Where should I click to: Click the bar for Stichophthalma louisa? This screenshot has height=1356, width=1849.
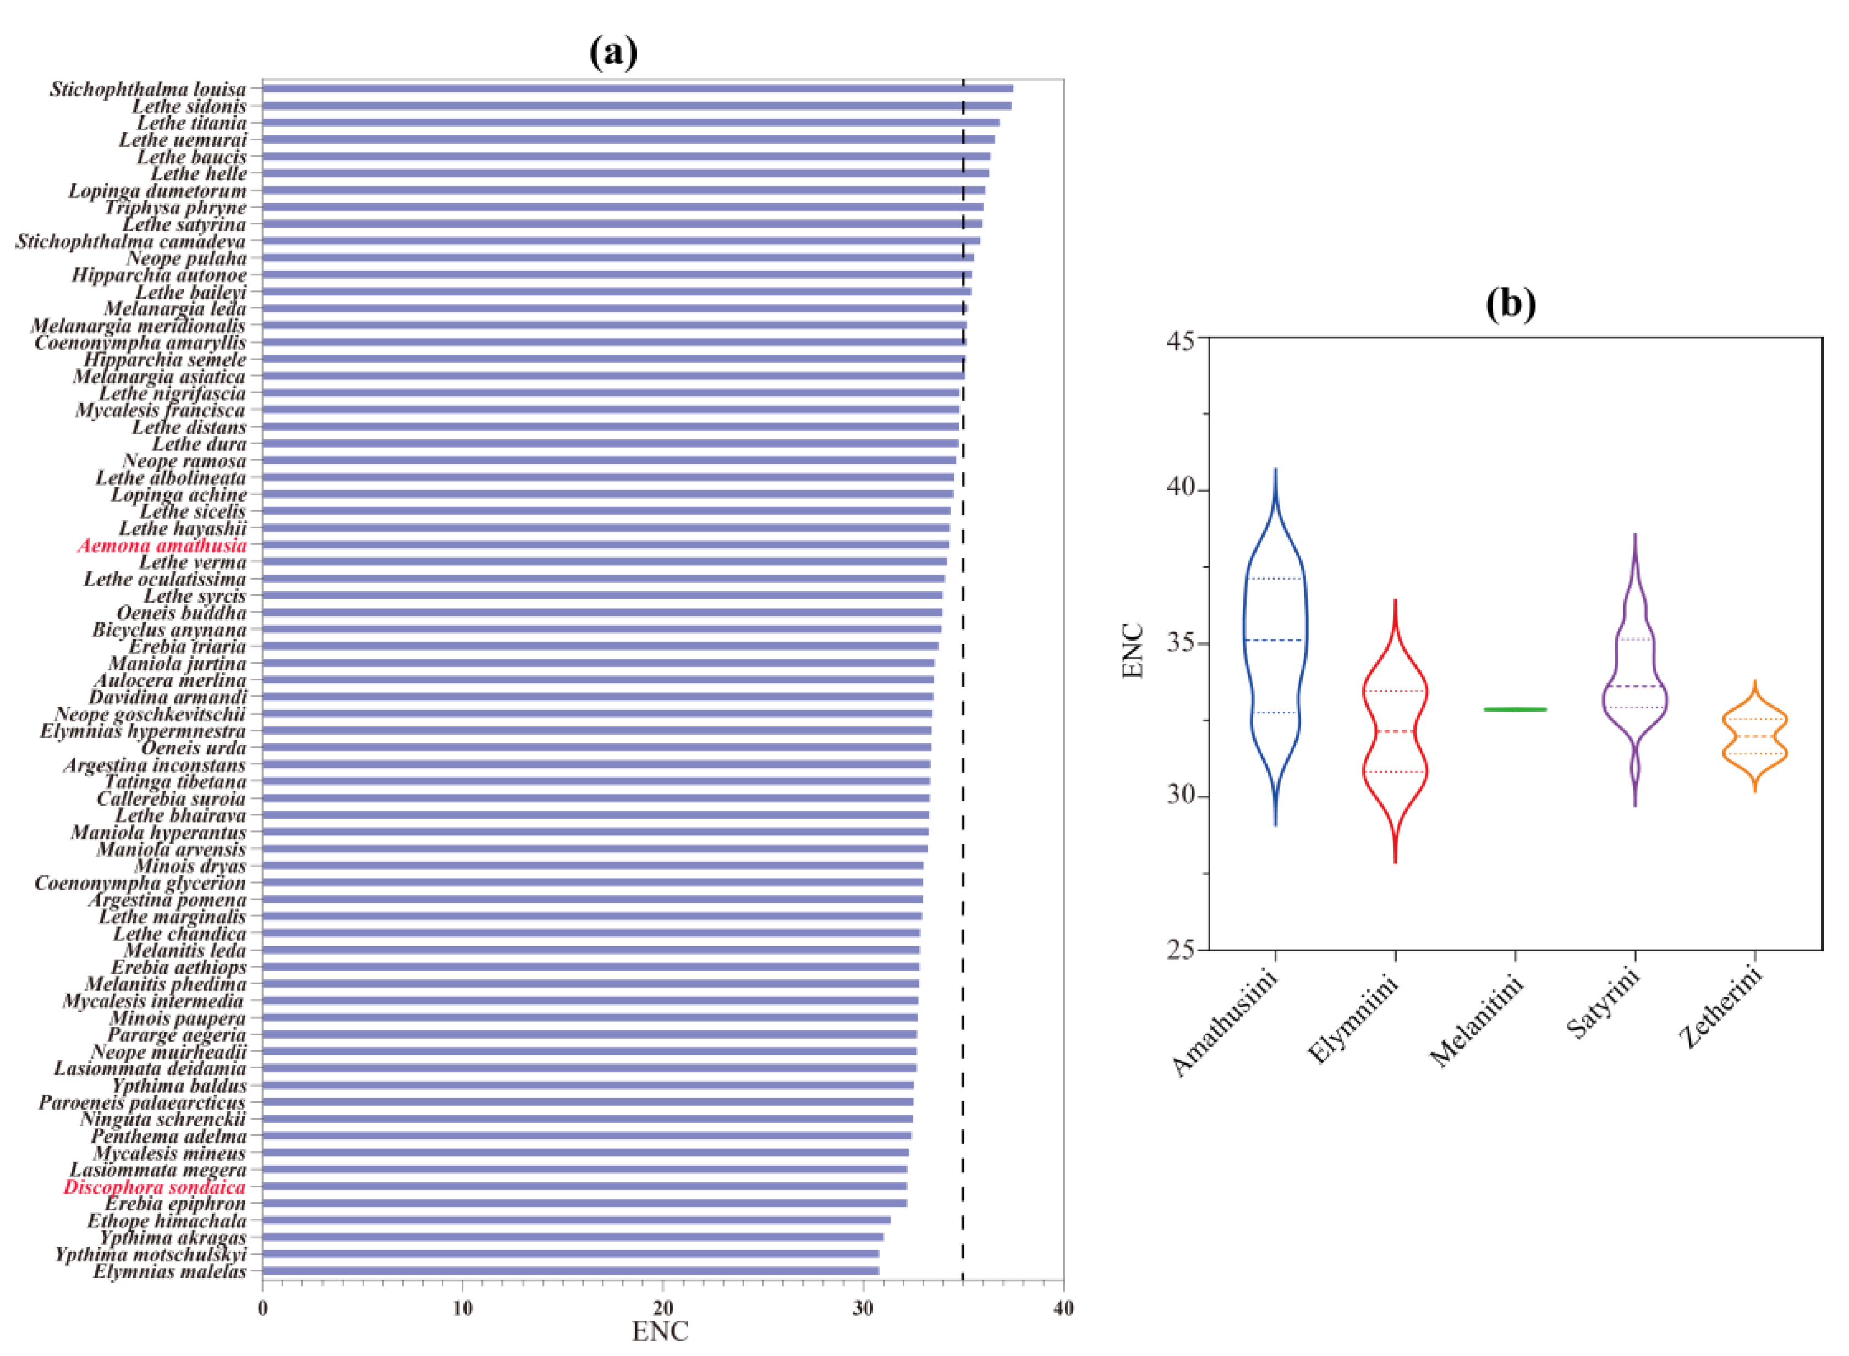point(637,89)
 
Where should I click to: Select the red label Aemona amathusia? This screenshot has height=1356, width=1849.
point(163,545)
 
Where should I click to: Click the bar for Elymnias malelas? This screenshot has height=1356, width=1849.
point(570,1271)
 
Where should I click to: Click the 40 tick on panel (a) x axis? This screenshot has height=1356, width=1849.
point(1062,1308)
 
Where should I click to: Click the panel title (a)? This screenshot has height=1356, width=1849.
point(613,54)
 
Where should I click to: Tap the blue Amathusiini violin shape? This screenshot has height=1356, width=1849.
point(1275,640)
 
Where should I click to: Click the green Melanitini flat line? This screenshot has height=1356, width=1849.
point(1515,709)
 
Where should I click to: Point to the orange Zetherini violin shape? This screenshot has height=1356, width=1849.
point(1754,736)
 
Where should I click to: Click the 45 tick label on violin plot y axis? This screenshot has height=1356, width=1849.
point(1181,338)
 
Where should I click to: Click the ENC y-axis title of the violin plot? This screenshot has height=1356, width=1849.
point(1133,651)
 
